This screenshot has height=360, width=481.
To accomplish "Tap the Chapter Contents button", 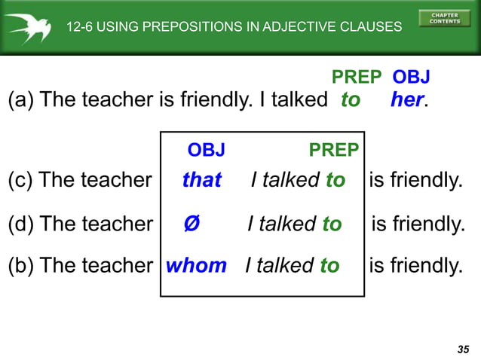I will (444, 17).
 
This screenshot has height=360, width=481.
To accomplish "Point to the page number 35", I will (463, 349).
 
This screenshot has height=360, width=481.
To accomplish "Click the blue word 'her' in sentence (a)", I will (407, 100).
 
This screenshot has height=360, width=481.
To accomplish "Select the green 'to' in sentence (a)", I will (351, 100).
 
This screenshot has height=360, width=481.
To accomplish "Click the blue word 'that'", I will (202, 180).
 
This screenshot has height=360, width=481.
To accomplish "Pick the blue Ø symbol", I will (191, 224).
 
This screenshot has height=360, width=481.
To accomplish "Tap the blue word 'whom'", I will (196, 265).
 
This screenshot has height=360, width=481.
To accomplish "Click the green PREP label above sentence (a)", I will (357, 77).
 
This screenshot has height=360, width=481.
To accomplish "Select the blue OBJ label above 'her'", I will (412, 77).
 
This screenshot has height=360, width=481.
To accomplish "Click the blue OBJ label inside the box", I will (206, 150).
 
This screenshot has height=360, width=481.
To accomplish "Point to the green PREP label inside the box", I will (334, 150).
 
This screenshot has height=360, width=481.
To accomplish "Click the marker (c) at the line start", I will (20, 180).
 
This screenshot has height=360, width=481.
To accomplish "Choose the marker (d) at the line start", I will (20, 224).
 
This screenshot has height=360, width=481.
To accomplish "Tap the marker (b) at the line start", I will (20, 265).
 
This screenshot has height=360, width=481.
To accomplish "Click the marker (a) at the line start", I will (20, 100).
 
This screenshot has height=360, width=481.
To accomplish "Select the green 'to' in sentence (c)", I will (335, 180).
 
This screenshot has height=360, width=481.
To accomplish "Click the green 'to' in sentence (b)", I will (329, 265).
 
